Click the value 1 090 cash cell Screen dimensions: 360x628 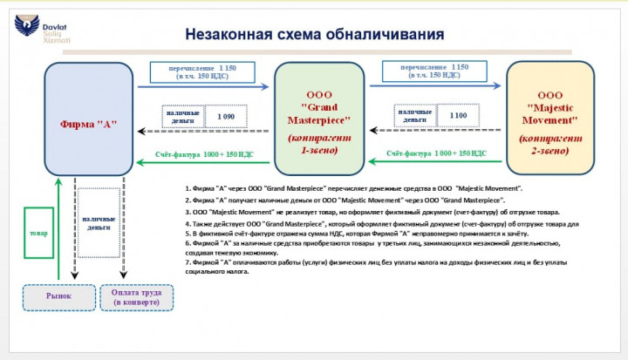coord(224,116)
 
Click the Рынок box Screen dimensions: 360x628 coord(58,295)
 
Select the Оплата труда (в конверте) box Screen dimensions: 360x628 coord(137,295)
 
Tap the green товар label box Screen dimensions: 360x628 coord(38,234)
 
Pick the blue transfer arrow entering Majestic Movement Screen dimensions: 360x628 coord(436,87)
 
